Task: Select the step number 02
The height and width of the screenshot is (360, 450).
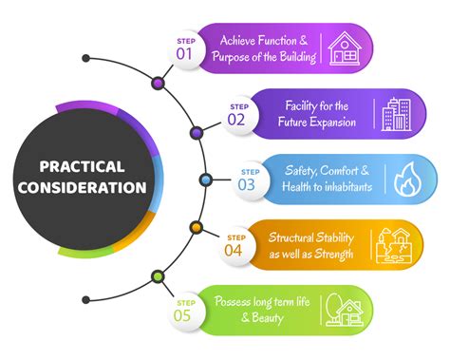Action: [236, 119]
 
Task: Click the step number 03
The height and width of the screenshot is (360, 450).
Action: [246, 184]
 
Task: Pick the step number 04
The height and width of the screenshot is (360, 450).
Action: [234, 250]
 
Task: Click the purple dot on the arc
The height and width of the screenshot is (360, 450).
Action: [197, 132]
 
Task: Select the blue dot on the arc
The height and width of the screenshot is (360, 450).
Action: [205, 179]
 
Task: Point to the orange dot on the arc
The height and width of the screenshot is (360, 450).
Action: [196, 227]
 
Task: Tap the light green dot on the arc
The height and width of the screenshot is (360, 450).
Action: [158, 276]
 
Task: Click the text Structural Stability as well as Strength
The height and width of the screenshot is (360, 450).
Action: [310, 244]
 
